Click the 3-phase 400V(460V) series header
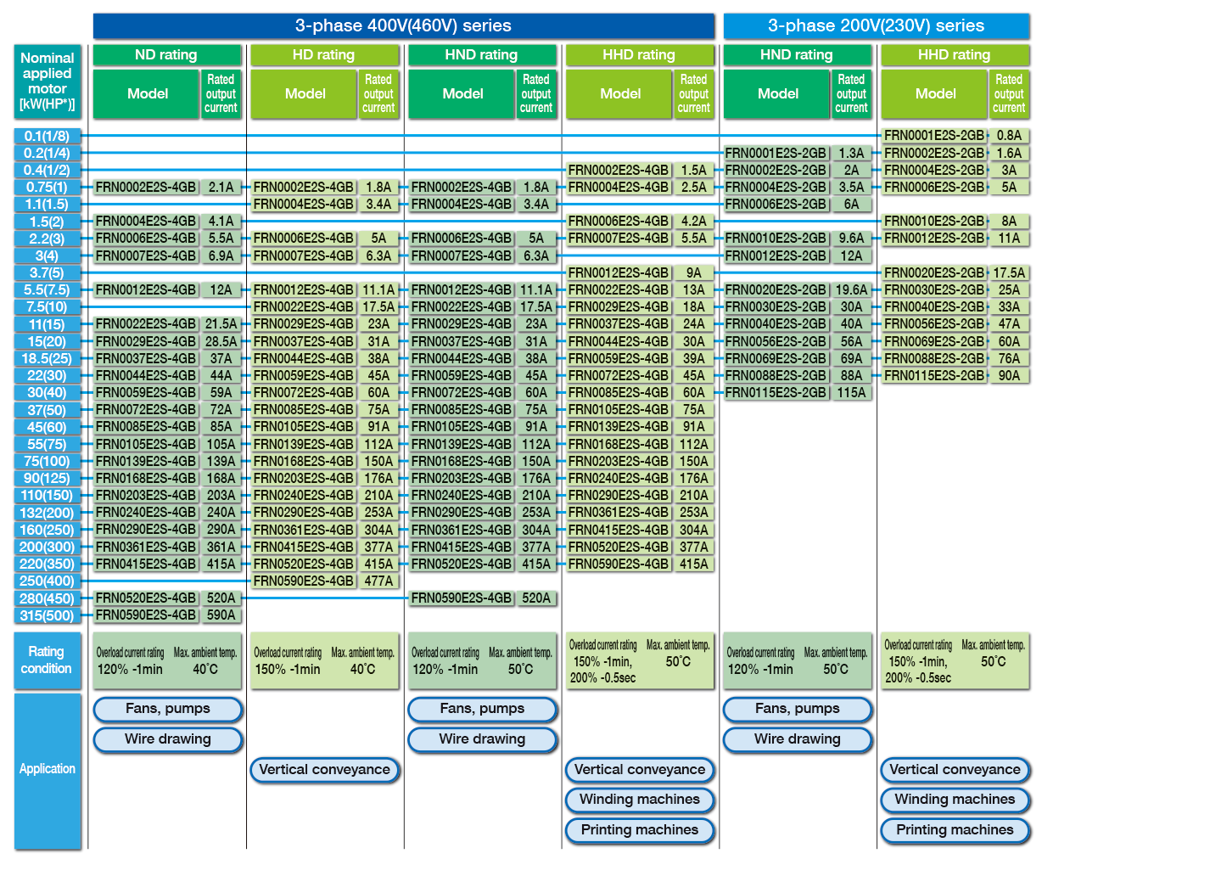click(x=404, y=26)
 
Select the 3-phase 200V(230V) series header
click(x=877, y=26)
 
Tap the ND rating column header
click(x=167, y=54)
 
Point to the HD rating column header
click(x=325, y=54)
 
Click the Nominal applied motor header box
click(x=48, y=81)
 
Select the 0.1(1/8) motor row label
click(x=48, y=136)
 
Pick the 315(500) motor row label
click(x=48, y=615)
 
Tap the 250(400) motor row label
click(x=48, y=581)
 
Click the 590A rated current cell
click(x=221, y=615)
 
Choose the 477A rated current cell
click(x=378, y=581)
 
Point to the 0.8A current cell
click(x=1009, y=136)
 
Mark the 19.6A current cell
click(x=851, y=289)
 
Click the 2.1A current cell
click(x=221, y=187)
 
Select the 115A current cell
click(x=851, y=392)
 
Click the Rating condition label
click(x=48, y=660)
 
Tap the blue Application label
click(x=48, y=769)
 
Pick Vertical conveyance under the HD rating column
click(x=325, y=770)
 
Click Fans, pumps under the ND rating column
click(x=168, y=709)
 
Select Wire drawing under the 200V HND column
click(x=798, y=739)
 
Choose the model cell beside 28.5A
click(x=146, y=341)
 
